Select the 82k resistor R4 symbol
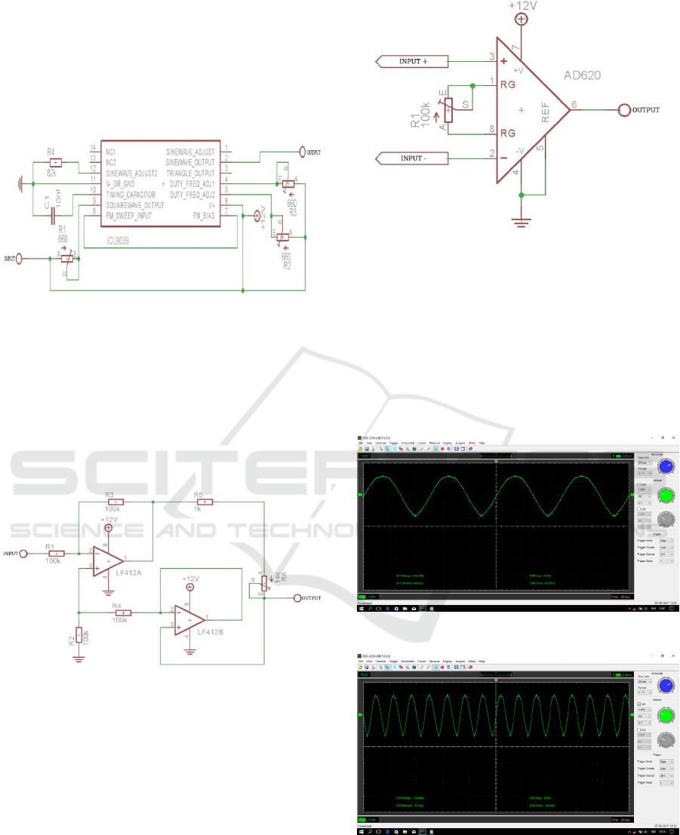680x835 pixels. point(55,162)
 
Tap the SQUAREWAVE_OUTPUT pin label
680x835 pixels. point(134,204)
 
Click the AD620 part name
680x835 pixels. point(586,76)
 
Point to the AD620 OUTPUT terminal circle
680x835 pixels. point(623,110)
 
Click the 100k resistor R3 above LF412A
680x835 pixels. point(115,502)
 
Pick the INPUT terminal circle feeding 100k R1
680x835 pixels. point(23,554)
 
